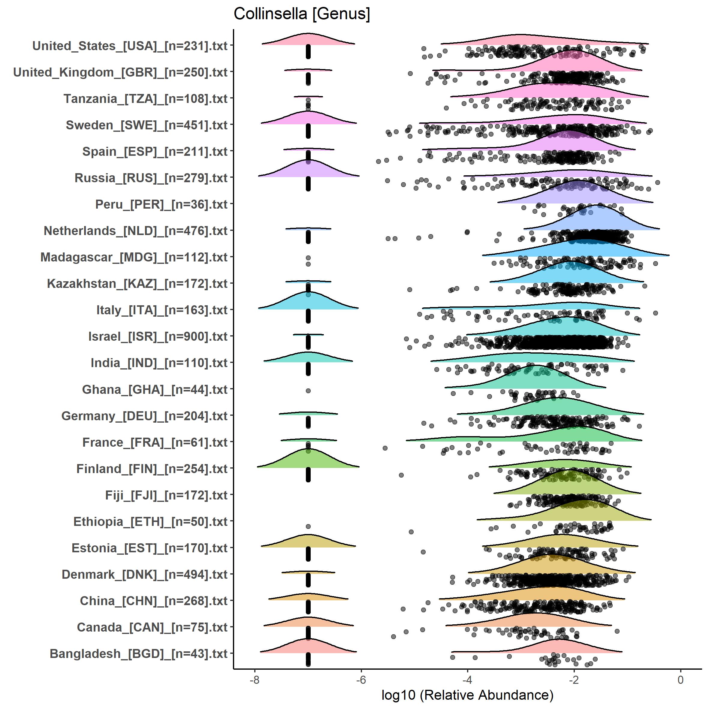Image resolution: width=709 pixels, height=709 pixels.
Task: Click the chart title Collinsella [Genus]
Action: (x=302, y=14)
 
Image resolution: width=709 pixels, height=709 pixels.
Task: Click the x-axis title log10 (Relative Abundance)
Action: (x=467, y=695)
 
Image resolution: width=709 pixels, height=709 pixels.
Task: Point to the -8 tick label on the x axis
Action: (x=254, y=680)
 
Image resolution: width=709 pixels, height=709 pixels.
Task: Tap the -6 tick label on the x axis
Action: (x=361, y=680)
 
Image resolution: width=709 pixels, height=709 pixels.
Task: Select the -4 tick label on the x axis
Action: (x=467, y=680)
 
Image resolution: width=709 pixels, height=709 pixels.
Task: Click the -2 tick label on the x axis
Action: (x=574, y=680)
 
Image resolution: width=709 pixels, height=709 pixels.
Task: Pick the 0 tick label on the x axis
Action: (x=680, y=680)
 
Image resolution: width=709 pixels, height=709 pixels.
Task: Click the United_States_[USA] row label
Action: (x=130, y=46)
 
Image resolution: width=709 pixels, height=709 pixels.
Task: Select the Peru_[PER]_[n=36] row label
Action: (x=161, y=204)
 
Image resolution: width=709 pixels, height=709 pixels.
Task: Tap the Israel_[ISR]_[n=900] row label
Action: (x=158, y=336)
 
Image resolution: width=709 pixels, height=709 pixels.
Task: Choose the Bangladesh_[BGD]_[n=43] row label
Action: (x=138, y=653)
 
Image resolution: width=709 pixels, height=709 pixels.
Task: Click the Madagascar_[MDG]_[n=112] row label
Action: (x=134, y=257)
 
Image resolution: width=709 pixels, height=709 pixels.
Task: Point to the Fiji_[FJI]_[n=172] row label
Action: (x=166, y=495)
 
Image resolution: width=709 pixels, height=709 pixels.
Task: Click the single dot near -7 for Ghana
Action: (x=308, y=391)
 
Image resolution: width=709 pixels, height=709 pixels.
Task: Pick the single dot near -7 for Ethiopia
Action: (x=308, y=526)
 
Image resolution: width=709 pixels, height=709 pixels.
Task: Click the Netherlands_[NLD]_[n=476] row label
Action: (x=135, y=231)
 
